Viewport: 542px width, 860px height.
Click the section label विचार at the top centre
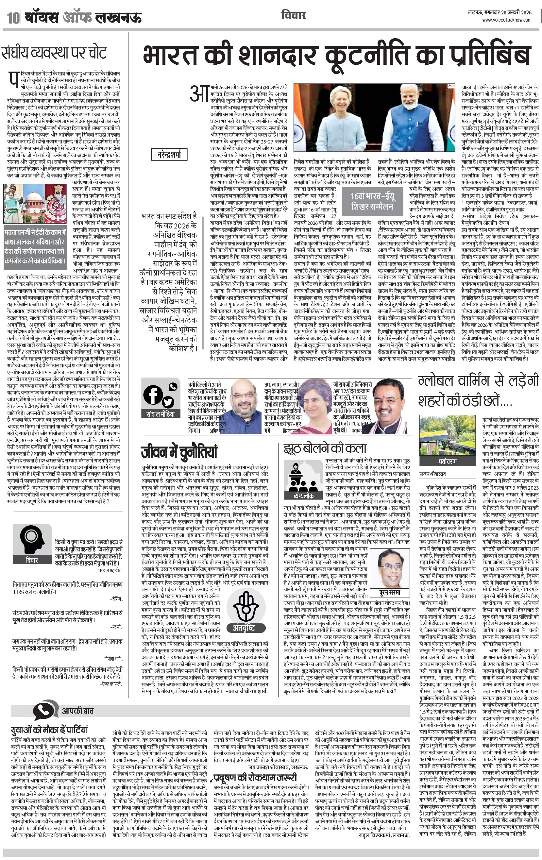click(293, 16)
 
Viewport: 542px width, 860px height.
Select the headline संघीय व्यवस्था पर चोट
click(54, 53)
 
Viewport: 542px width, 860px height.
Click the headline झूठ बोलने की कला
click(325, 448)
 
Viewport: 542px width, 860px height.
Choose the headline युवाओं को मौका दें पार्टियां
click(49, 729)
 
